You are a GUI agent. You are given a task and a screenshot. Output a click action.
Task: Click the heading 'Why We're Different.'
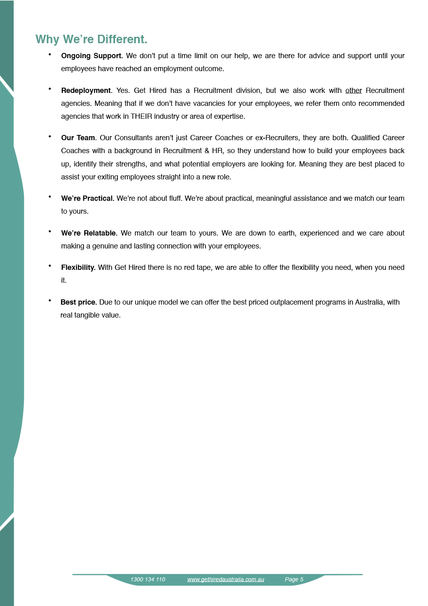[x=91, y=39]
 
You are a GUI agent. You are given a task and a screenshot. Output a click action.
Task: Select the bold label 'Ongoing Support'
[x=91, y=56]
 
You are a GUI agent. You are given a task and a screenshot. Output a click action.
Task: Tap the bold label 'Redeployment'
[x=86, y=90]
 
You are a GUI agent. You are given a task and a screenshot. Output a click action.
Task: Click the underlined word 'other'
[x=353, y=90]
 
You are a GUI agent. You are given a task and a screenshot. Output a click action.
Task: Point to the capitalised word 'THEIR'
[x=141, y=116]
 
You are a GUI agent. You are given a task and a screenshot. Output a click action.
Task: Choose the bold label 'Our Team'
[x=78, y=138]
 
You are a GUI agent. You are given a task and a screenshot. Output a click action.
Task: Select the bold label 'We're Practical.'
[x=88, y=198]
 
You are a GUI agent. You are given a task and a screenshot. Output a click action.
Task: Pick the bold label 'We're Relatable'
[x=88, y=233]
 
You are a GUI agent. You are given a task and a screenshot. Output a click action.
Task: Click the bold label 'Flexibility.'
[x=78, y=267]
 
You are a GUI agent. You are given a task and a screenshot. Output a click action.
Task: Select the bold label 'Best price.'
[x=79, y=302]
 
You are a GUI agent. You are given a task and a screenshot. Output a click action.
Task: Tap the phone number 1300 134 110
[x=148, y=579]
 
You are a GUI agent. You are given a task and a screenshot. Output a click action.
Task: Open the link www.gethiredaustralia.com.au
[x=226, y=579]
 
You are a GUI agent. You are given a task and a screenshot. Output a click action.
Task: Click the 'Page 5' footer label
[x=294, y=579]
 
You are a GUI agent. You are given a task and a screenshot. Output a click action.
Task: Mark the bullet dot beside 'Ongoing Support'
[x=50, y=54]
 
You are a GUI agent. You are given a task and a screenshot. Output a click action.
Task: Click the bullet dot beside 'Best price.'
[x=50, y=301]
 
